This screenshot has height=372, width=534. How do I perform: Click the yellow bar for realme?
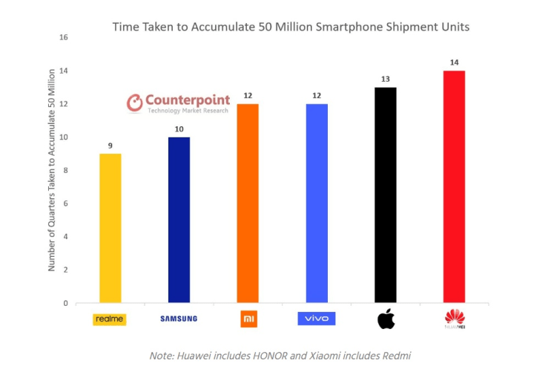pos(110,228)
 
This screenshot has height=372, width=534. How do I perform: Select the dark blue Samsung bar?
pos(179,220)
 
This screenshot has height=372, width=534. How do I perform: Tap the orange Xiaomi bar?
pos(248,203)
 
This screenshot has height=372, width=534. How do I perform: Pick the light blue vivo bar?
pos(317,203)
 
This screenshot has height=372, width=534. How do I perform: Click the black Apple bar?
pos(385,195)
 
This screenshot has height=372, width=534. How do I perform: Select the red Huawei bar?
pos(454,186)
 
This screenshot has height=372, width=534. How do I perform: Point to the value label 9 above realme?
pos(110,146)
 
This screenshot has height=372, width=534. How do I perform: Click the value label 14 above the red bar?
pos(454,62)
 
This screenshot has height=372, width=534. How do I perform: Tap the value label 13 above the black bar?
pos(385,79)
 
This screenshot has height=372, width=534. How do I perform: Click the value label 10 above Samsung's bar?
pos(179,129)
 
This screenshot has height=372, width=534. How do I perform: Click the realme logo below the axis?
pos(110,319)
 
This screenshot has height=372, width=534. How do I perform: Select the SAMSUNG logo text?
pos(179,319)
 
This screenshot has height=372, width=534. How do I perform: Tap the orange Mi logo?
pos(248,319)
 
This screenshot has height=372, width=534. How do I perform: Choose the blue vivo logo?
pos(317,319)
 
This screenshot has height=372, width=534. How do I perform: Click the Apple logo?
pos(386,319)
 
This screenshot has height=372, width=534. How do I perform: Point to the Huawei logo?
pos(454,320)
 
